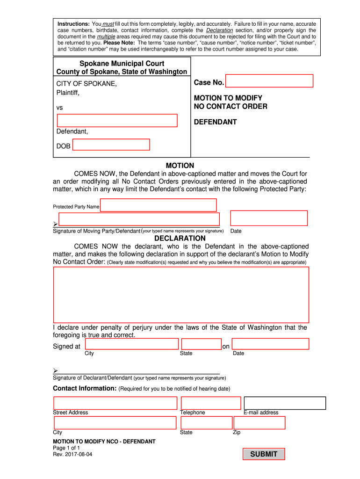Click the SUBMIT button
(264, 454)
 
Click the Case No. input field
(269, 81)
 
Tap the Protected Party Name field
(158, 205)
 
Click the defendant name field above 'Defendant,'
(117, 121)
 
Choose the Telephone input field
(211, 403)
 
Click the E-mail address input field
(285, 403)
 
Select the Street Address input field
(115, 403)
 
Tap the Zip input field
(259, 423)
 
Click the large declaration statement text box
(181, 295)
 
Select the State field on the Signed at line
(201, 344)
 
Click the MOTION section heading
(180, 166)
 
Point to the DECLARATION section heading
(180, 238)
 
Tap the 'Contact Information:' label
(85, 388)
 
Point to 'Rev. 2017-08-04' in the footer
(72, 454)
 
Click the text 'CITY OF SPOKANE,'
(86, 84)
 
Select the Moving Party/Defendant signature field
(139, 219)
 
